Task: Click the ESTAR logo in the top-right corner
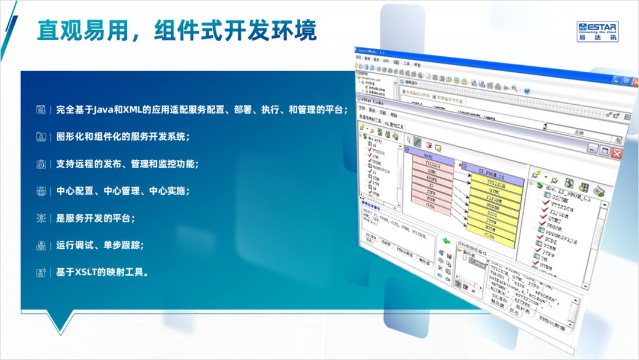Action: point(598,31)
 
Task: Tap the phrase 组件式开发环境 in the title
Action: point(235,31)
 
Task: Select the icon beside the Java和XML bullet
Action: point(41,110)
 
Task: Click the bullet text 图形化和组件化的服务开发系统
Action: point(122,137)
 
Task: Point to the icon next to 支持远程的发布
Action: point(41,164)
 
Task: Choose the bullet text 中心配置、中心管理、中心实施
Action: point(122,191)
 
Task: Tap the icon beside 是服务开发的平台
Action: point(41,218)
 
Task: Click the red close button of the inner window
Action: point(617,154)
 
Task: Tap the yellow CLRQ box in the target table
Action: point(489,235)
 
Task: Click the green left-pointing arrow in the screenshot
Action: point(447,241)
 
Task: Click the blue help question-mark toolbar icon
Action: point(527,90)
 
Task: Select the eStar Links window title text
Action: point(372,102)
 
